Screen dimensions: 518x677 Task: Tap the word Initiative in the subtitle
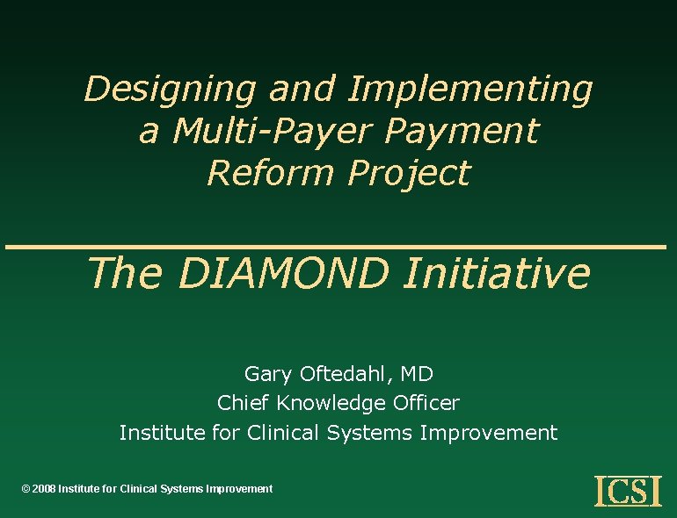tap(496, 273)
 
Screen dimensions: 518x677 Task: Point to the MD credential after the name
tap(417, 374)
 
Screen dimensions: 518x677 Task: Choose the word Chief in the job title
tap(243, 403)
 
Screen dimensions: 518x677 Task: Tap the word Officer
tap(426, 403)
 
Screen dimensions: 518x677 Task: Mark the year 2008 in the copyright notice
tap(44, 489)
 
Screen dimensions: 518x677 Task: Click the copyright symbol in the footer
tap(25, 489)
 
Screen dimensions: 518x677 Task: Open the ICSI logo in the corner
tap(628, 491)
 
